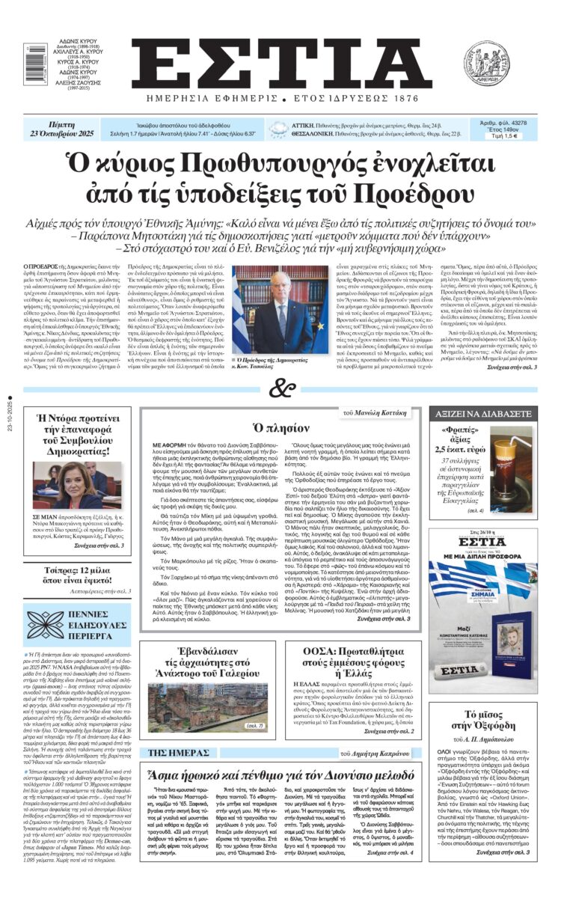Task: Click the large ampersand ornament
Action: tap(280, 388)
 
